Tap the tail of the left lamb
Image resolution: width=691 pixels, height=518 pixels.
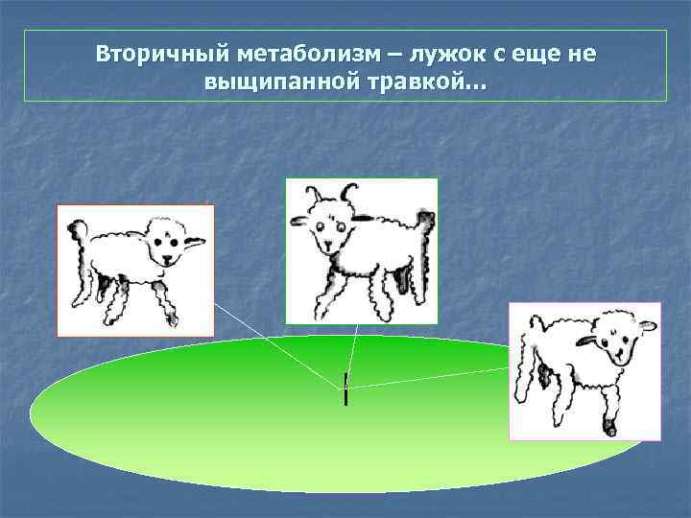77,231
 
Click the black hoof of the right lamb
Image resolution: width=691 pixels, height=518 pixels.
608,426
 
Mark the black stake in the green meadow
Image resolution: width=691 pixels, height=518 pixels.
345,388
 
